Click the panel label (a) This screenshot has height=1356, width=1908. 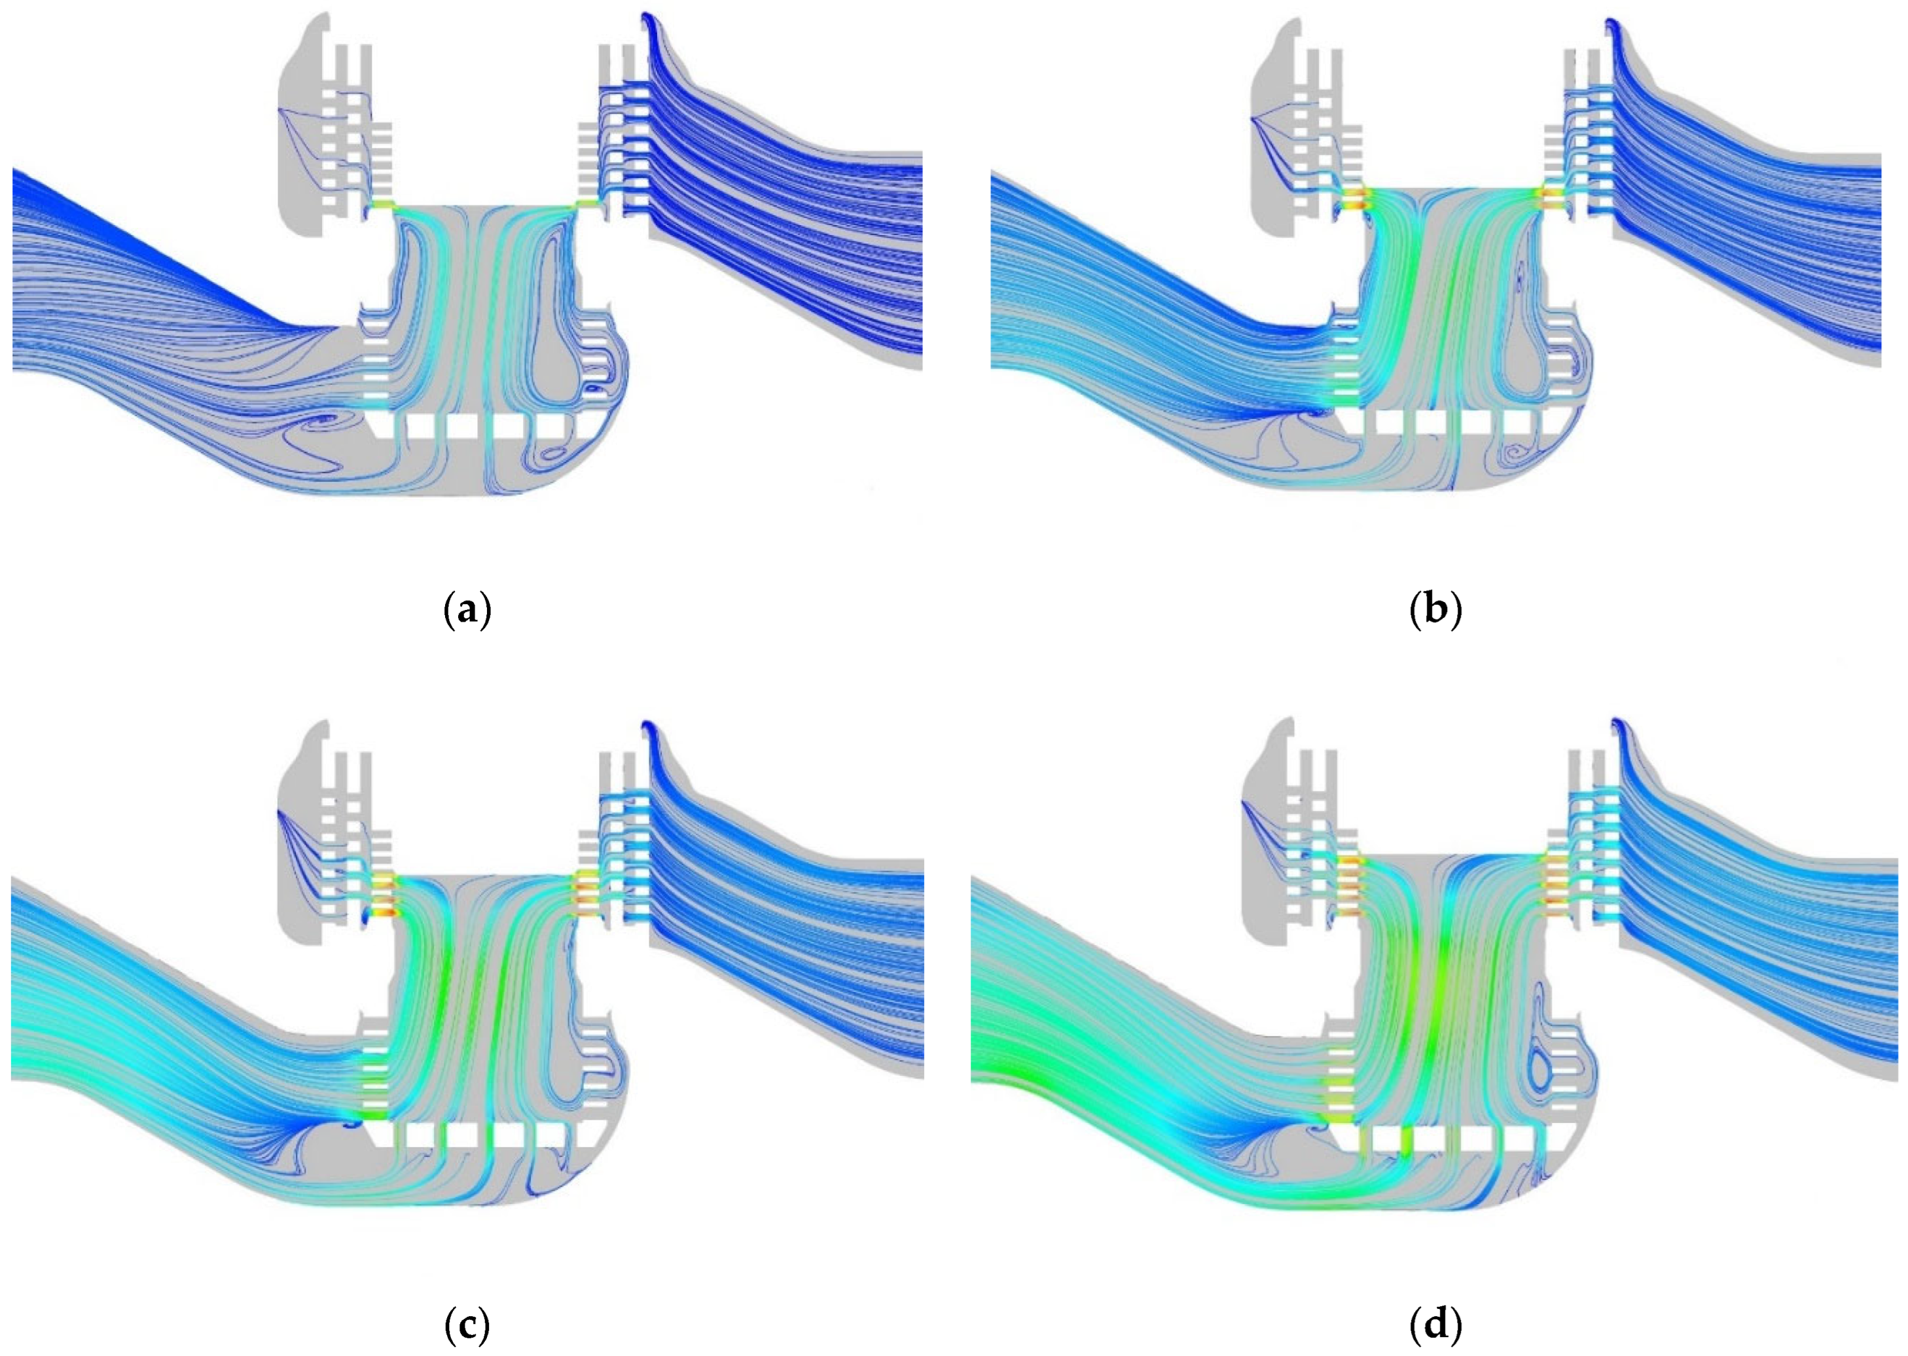click(x=467, y=611)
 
